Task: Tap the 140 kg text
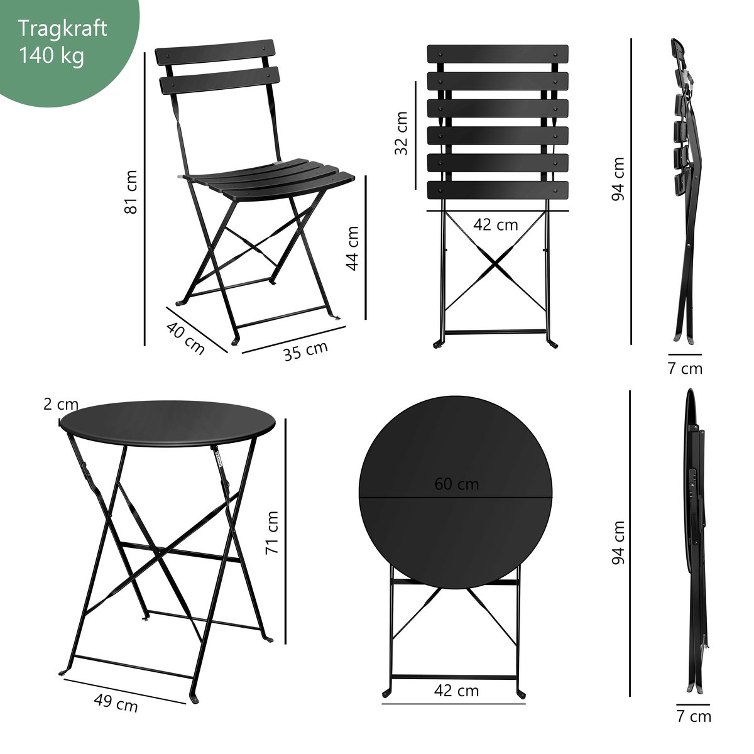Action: point(52,55)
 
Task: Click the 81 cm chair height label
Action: point(131,192)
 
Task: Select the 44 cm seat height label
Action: point(352,248)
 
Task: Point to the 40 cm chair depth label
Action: point(185,338)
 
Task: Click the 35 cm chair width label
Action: point(305,351)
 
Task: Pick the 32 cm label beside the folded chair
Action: point(401,133)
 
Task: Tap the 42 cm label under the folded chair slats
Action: point(495,225)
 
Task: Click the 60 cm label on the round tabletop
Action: point(456,484)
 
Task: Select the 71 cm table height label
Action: point(272,533)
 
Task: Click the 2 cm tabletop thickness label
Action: point(61,405)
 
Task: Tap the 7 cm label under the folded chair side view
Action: point(685,369)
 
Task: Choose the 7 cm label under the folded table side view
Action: point(694,716)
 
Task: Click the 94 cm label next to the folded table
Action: point(618,543)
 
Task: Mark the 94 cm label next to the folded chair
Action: point(618,179)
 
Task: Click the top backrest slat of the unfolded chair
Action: point(215,52)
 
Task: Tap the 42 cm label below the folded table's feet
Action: point(456,691)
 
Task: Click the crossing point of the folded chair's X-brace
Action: point(496,264)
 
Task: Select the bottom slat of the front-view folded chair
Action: point(498,190)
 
